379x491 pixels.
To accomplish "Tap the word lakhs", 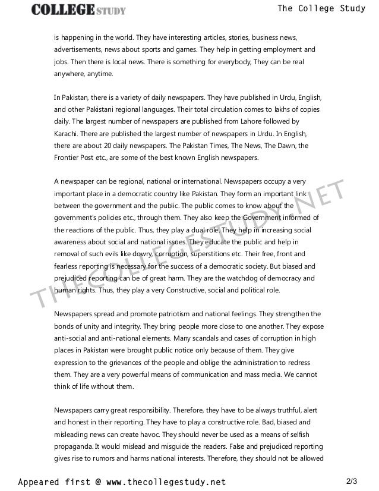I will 280,109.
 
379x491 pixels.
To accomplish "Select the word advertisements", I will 80,49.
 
